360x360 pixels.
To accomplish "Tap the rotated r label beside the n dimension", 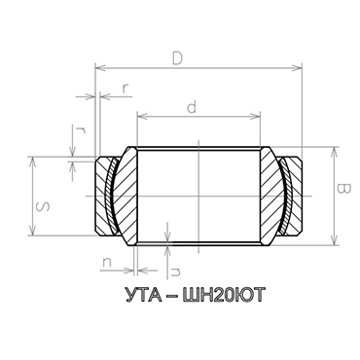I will tap(176, 261).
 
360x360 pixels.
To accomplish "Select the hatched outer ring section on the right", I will tap(290, 195).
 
